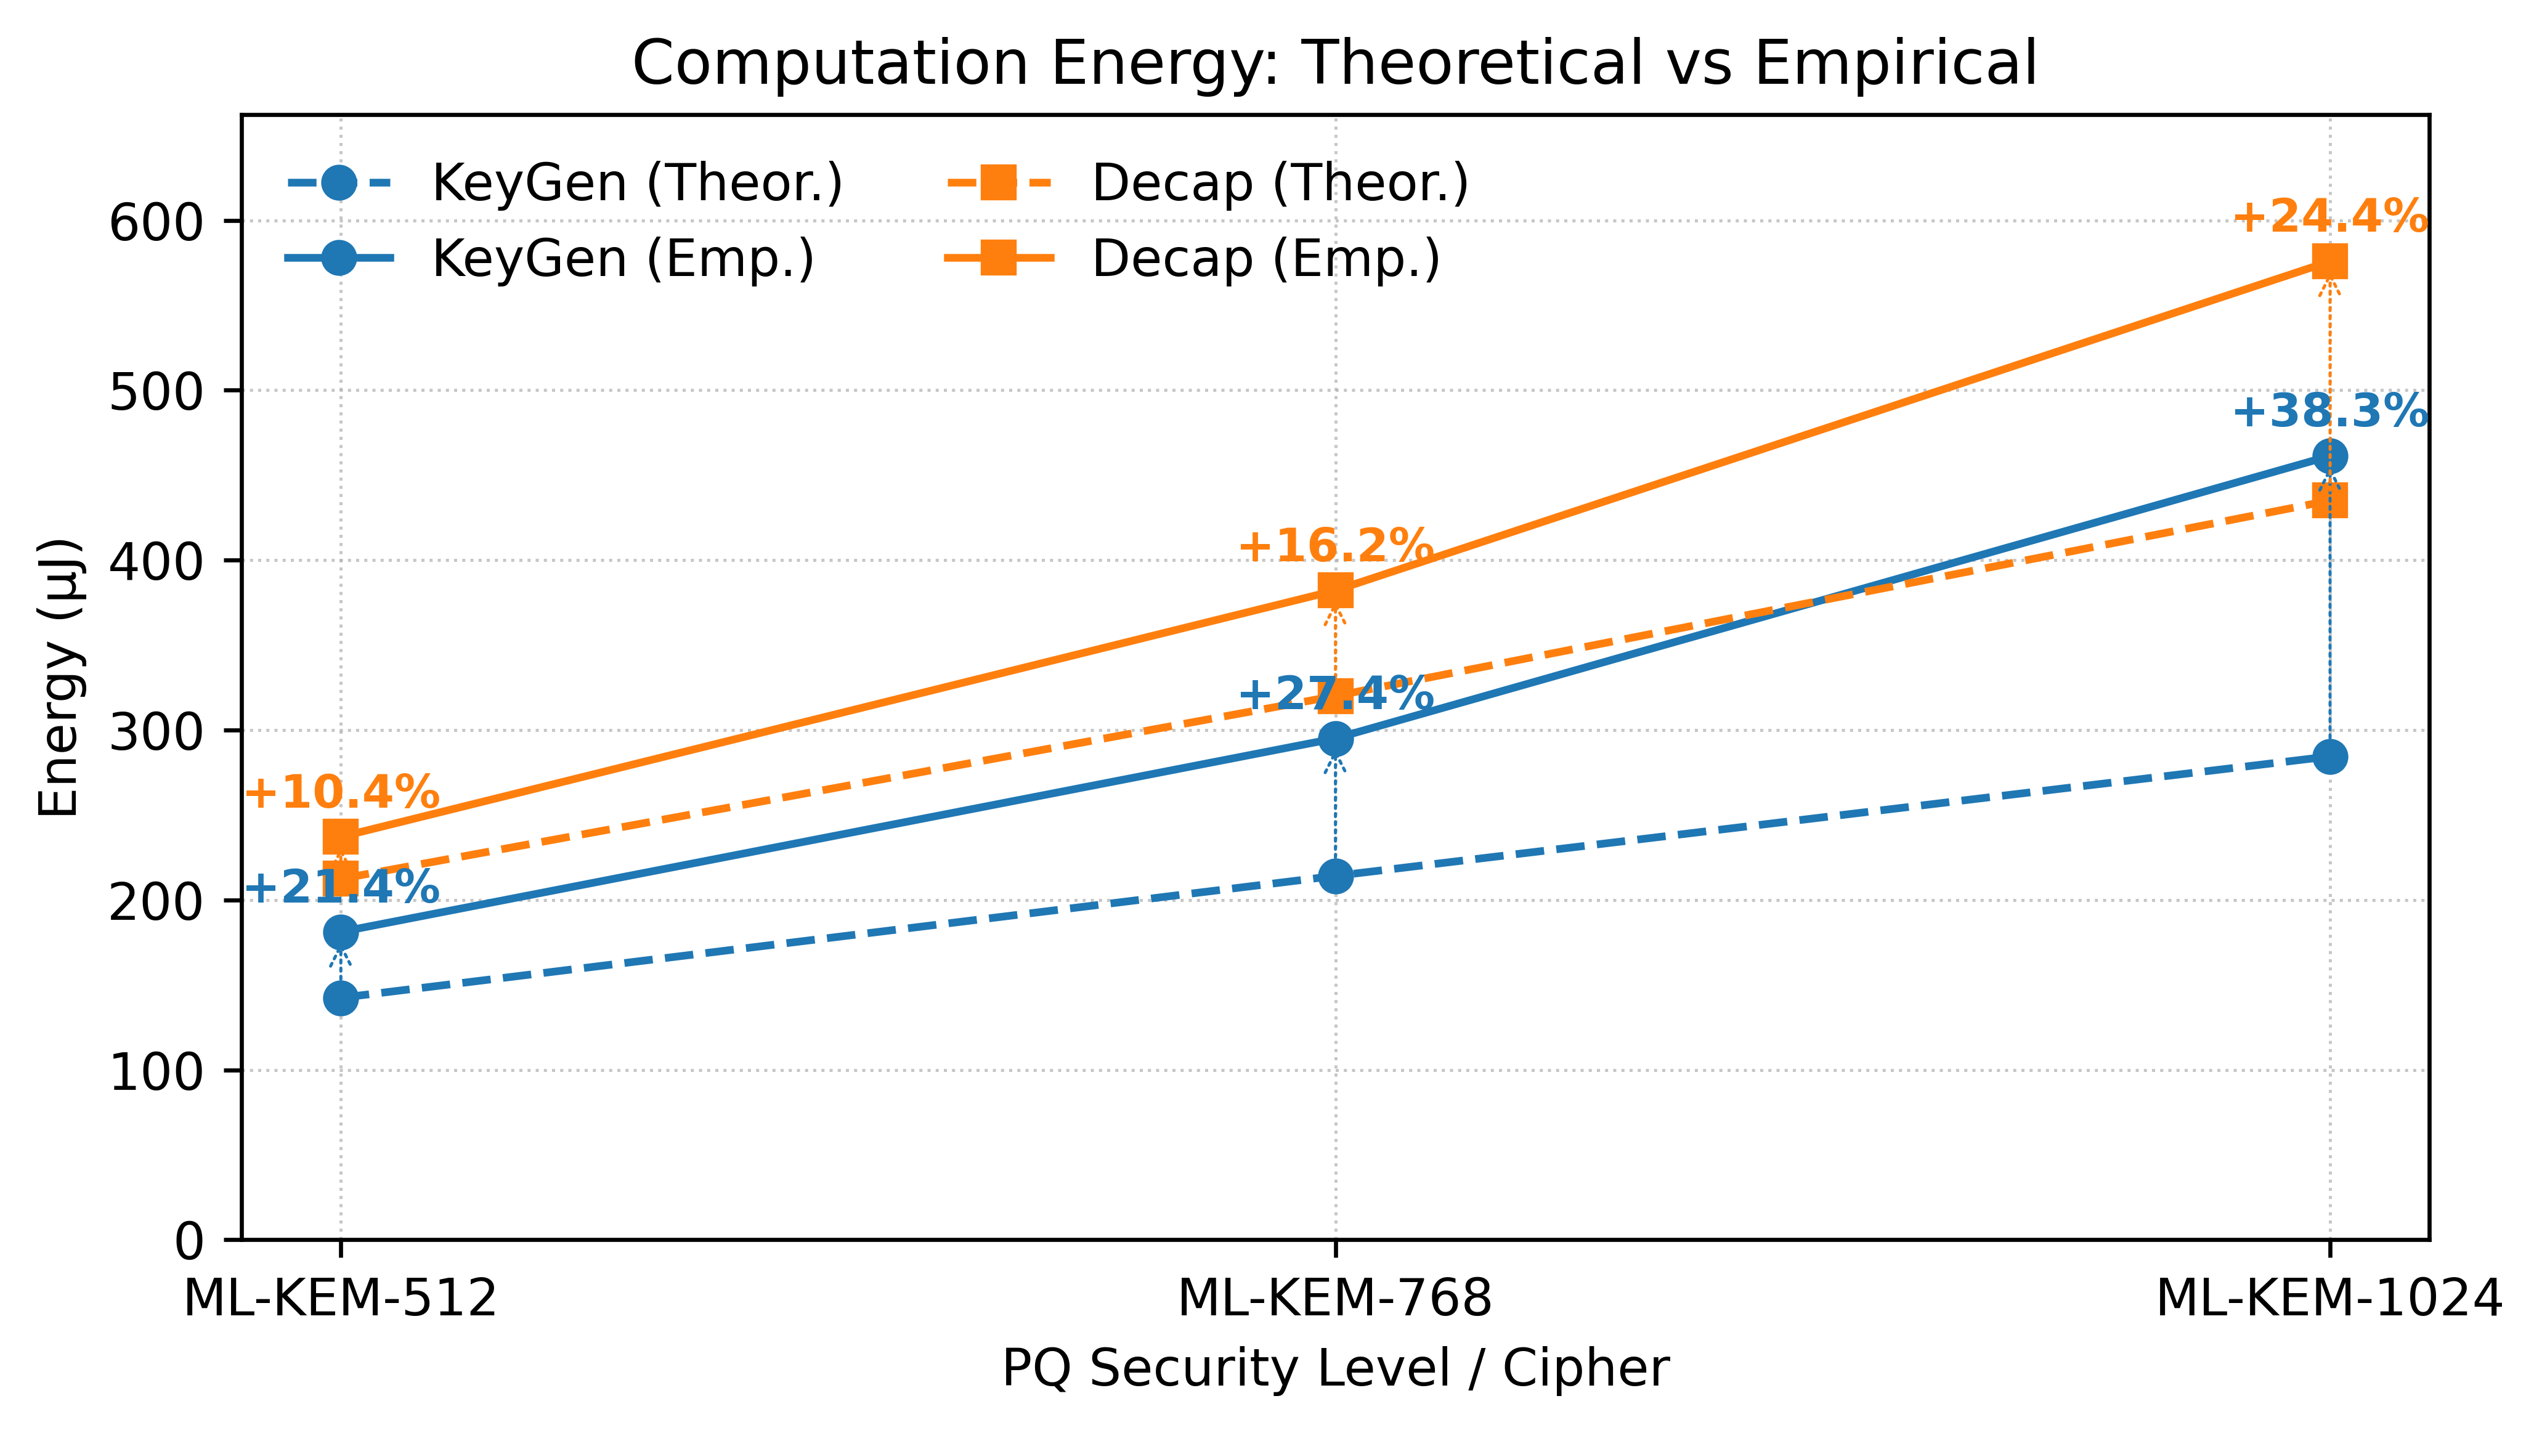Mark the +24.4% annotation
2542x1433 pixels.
click(2329, 216)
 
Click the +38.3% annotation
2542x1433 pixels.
click(2329, 412)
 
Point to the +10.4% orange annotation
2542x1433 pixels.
click(341, 792)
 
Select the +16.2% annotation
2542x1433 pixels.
click(1334, 546)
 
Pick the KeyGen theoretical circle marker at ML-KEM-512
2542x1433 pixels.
click(341, 999)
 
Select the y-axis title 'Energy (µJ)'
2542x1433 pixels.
click(59, 677)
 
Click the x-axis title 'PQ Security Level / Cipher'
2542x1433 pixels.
click(1334, 1370)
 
